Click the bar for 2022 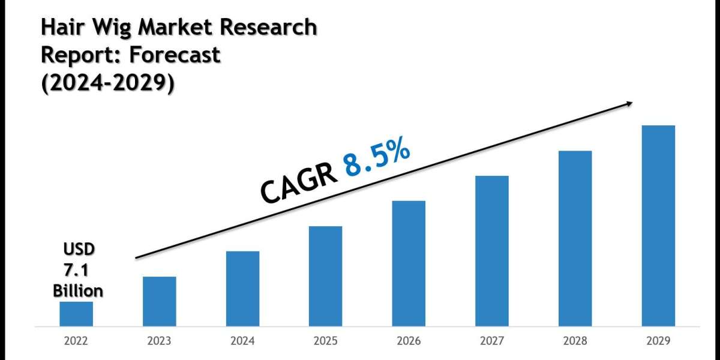(x=76, y=313)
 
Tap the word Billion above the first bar (x=78, y=291)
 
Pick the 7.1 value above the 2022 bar (x=78, y=270)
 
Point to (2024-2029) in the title (x=108, y=83)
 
